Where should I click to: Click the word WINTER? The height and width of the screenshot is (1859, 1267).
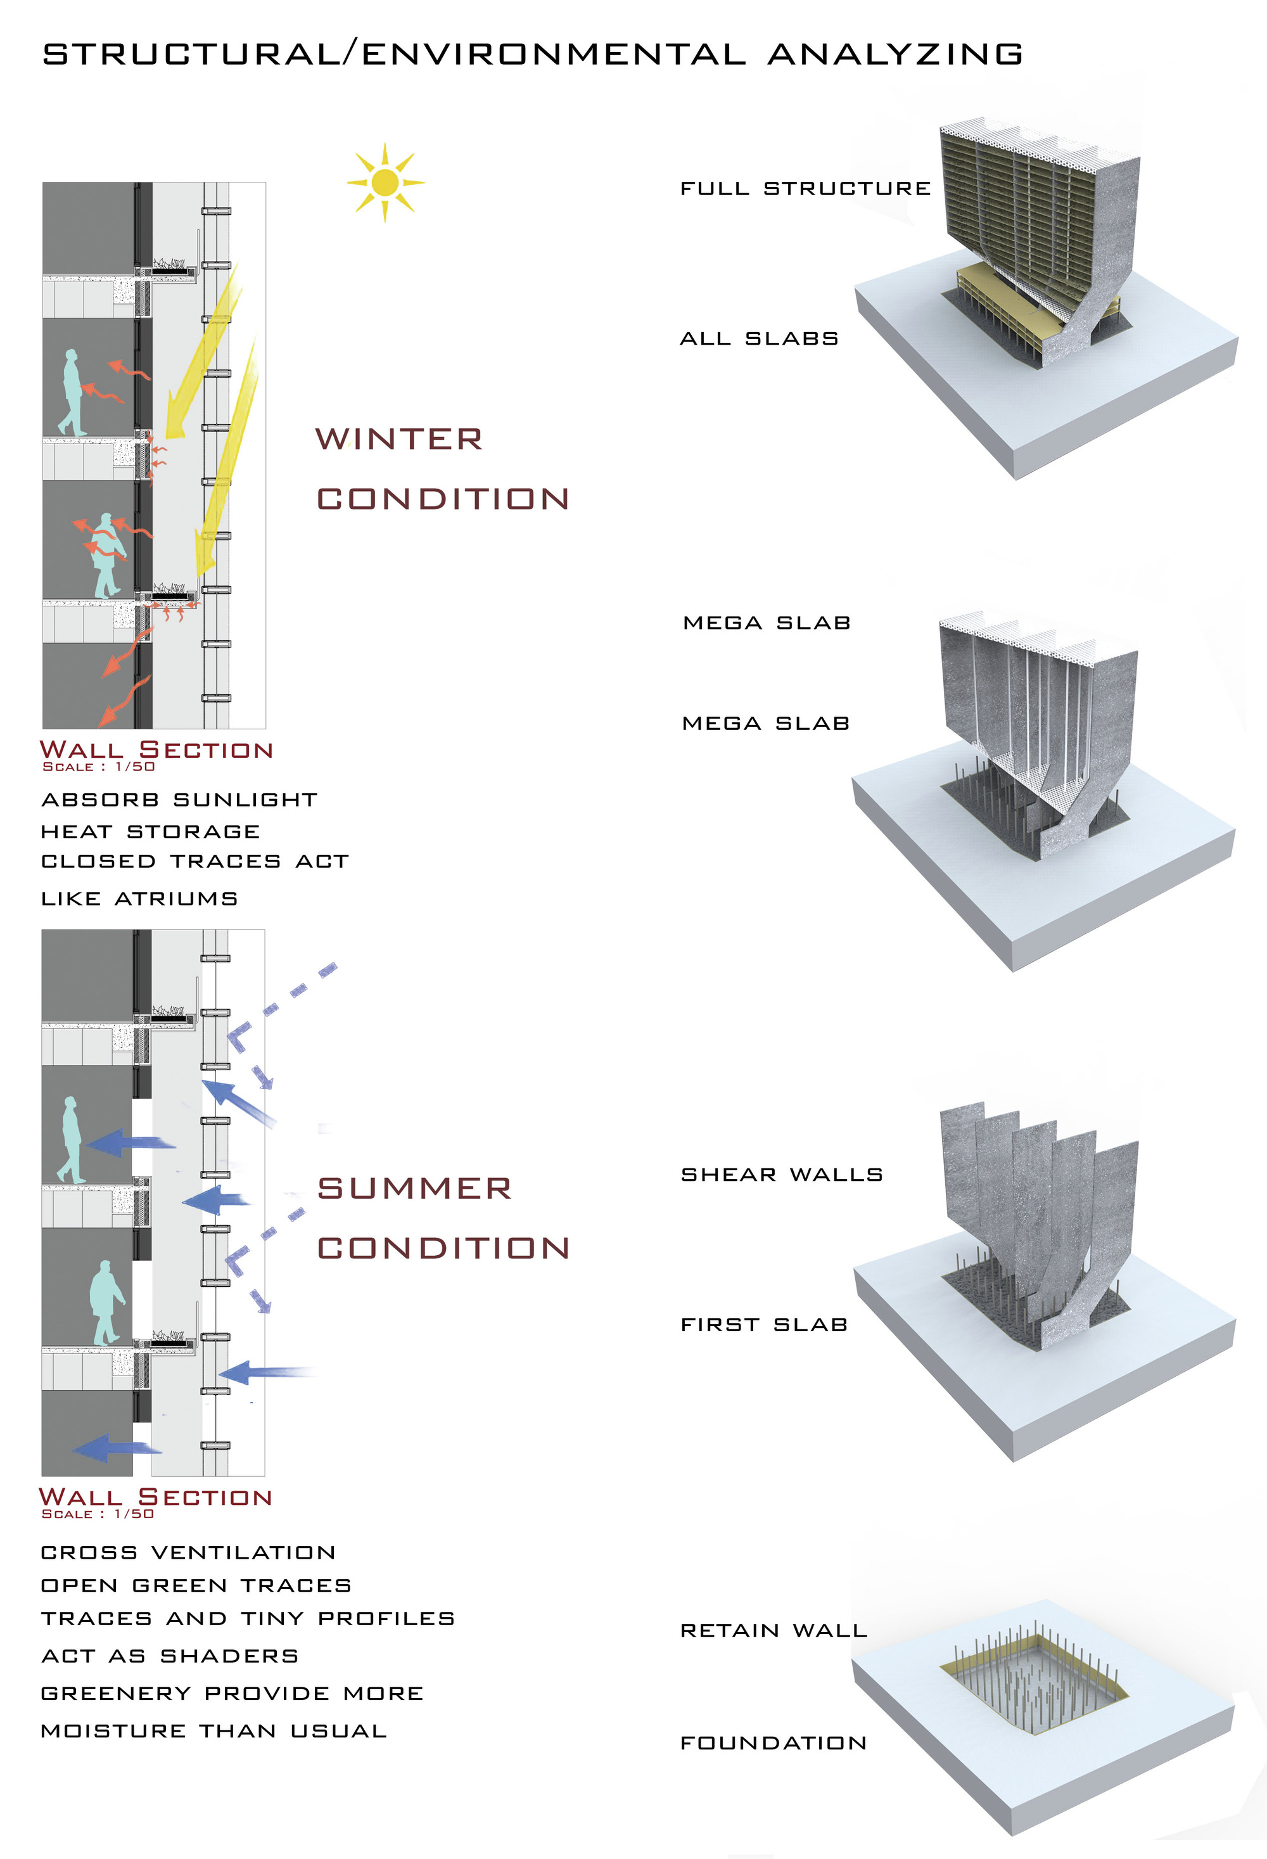(x=399, y=439)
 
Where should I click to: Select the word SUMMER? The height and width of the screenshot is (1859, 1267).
(x=414, y=1188)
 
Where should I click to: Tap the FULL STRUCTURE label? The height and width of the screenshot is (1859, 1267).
(x=805, y=189)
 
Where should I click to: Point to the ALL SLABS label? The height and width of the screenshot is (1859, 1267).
(x=759, y=338)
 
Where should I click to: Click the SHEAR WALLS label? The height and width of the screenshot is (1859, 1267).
(x=782, y=1174)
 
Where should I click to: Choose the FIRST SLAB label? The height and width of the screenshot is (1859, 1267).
(x=764, y=1325)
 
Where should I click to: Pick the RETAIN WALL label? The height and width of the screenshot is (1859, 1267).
(x=774, y=1630)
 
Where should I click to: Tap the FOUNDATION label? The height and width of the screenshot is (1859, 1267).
(x=774, y=1742)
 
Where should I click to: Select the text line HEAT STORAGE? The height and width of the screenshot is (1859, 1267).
(x=150, y=832)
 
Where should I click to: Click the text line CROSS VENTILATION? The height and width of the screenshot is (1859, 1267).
(x=188, y=1552)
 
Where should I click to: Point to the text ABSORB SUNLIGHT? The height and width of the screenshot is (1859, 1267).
(x=179, y=800)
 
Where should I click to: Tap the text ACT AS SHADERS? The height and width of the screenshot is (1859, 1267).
(x=170, y=1656)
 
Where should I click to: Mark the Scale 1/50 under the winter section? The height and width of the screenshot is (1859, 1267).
(x=98, y=766)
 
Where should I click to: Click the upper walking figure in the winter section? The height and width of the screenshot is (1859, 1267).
(x=72, y=392)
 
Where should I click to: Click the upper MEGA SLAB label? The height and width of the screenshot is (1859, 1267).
(x=767, y=622)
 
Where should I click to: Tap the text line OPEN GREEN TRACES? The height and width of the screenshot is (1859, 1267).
(x=196, y=1585)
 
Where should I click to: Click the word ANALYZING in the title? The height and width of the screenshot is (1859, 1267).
(x=895, y=54)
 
